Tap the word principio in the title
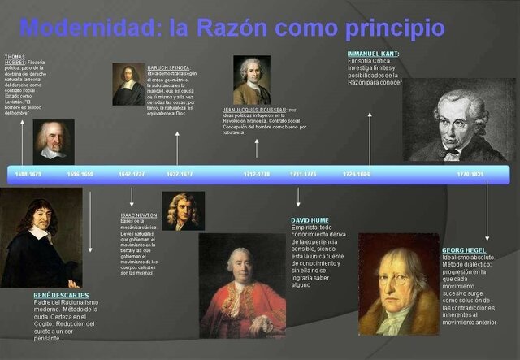pos(391,29)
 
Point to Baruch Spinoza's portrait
pos(128,84)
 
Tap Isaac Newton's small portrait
pos(183,210)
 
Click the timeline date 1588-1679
pos(28,174)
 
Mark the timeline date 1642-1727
pos(132,174)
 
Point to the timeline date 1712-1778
pos(257,174)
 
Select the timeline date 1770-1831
pos(470,174)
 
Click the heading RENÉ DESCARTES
pos(61,295)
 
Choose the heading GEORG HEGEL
pos(465,250)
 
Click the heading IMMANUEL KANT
pos(373,54)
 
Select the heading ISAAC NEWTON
pos(139,215)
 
